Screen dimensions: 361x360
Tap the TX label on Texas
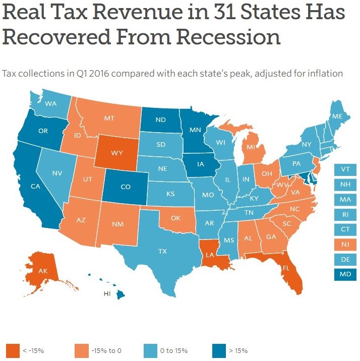coord(162,251)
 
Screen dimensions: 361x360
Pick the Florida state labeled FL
coord(285,268)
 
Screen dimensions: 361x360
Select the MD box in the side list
coord(345,274)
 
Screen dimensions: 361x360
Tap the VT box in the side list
coord(345,169)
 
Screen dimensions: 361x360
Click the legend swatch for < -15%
coord(13,350)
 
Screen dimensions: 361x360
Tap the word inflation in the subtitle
coord(322,74)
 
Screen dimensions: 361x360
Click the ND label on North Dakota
coord(161,119)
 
